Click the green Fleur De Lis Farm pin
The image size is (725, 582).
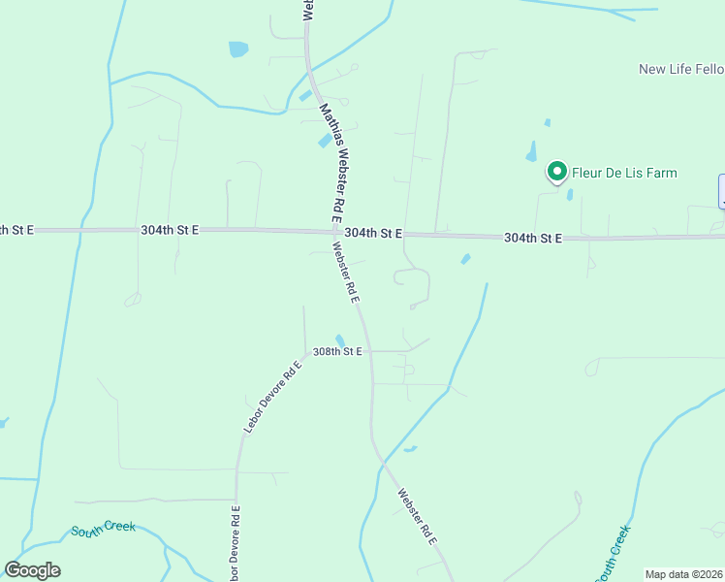coord(557,172)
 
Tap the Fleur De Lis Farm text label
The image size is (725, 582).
coord(624,174)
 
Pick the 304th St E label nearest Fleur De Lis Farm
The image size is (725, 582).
coord(533,238)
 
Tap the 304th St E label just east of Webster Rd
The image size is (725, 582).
coord(372,234)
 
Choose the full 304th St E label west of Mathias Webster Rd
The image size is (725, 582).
coord(169,230)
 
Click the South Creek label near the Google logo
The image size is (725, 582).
coord(103,530)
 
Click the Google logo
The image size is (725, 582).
coord(33,569)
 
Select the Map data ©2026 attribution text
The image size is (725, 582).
coord(683,574)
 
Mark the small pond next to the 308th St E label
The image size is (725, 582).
coord(340,340)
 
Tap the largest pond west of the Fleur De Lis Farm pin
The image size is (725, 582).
coord(531,151)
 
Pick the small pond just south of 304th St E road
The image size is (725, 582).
coord(465,259)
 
